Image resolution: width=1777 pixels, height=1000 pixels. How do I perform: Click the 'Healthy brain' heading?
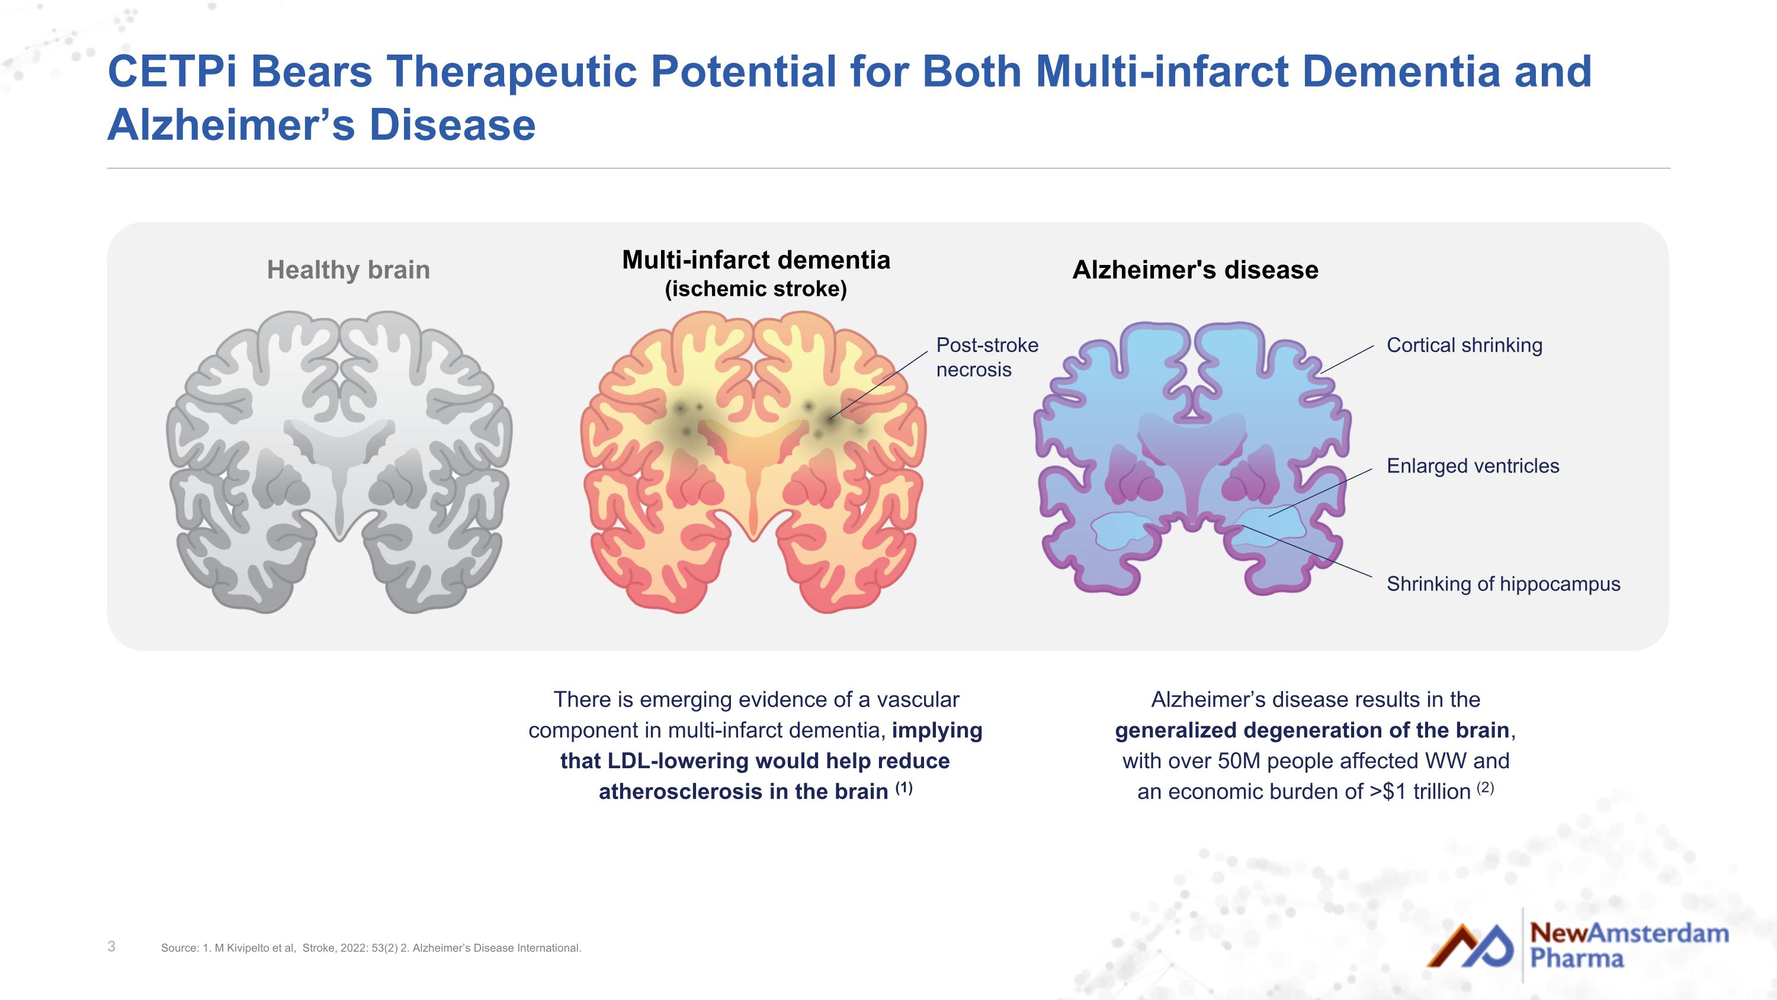(x=348, y=270)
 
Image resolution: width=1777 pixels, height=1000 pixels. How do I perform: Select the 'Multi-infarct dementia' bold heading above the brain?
(x=756, y=260)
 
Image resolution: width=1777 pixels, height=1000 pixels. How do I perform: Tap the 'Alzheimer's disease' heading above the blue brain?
(x=1195, y=270)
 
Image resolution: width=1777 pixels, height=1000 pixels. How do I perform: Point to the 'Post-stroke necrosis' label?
(x=987, y=357)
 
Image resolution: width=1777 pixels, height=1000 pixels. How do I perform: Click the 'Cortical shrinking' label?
(x=1464, y=345)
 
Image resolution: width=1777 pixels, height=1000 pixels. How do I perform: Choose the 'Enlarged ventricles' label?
(x=1473, y=466)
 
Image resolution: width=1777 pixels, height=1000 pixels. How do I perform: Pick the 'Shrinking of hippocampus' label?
(x=1503, y=584)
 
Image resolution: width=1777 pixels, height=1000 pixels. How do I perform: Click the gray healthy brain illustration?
(x=339, y=462)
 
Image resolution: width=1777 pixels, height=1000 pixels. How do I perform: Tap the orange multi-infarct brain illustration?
(x=753, y=462)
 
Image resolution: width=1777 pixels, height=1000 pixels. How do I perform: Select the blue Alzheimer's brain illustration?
(x=1192, y=458)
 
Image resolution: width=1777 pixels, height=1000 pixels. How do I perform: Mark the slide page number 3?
(x=112, y=946)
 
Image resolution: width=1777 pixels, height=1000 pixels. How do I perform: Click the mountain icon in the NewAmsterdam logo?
(x=1470, y=945)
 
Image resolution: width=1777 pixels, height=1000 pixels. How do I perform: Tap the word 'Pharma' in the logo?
(x=1577, y=959)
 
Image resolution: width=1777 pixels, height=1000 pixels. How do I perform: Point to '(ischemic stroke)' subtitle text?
(x=756, y=289)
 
